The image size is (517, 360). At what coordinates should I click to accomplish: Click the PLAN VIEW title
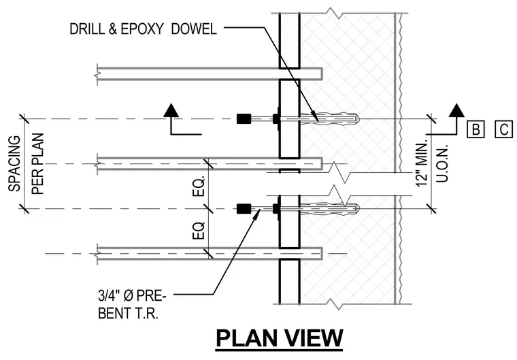coord(280,338)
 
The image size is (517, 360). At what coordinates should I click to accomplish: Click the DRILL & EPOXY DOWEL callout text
coord(143,29)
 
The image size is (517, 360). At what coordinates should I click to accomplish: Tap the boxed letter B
coord(476,129)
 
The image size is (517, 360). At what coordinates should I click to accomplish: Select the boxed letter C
coord(504,129)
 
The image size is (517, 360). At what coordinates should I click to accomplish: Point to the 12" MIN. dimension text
coord(422,163)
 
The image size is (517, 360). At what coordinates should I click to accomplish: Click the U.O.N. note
coord(442,163)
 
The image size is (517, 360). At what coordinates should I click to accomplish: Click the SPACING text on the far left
coord(14,163)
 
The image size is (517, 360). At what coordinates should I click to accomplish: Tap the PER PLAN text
coord(37,163)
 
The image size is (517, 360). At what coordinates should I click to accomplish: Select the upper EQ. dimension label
coord(199,186)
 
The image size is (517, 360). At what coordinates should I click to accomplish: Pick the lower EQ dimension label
coord(199,230)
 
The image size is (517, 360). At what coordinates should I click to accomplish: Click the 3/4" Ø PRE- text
coord(132,295)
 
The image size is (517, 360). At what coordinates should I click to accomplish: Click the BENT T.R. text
coord(129,313)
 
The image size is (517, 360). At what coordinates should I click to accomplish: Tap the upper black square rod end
coord(244,118)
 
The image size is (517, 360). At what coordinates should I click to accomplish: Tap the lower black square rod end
coord(244,208)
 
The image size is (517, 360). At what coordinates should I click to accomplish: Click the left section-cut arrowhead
coord(171,110)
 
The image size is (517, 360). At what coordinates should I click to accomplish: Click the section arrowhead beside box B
coord(456,110)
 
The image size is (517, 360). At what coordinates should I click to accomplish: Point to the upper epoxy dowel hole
coord(329,118)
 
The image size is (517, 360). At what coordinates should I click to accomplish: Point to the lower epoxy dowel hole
coord(329,208)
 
